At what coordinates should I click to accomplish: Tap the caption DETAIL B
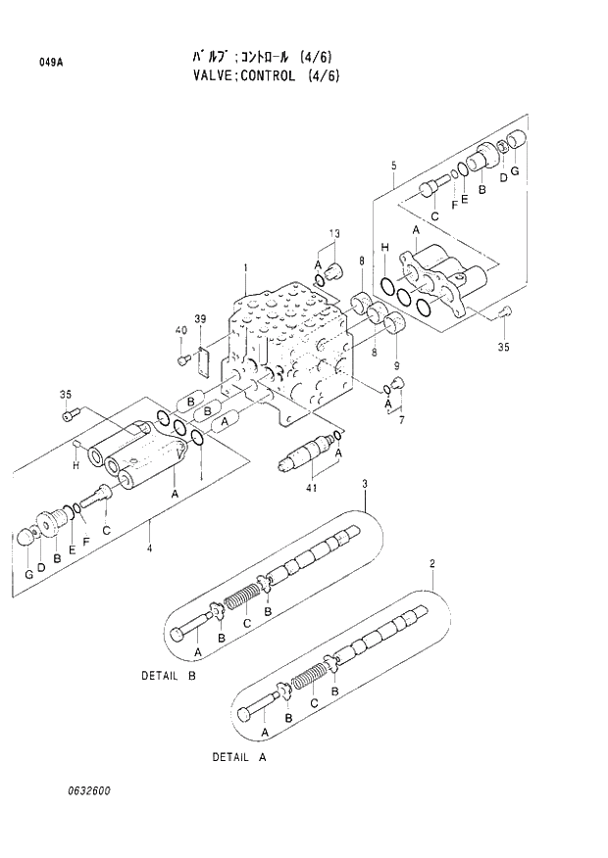click(x=168, y=676)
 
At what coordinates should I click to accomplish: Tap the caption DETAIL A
click(x=239, y=757)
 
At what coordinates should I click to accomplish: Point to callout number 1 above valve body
click(x=245, y=267)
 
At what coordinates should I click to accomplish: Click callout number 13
click(x=334, y=233)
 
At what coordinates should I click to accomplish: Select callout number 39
click(x=200, y=320)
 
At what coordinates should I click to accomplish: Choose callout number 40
click(x=180, y=330)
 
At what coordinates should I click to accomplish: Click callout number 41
click(x=313, y=489)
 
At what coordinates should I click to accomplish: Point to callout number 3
click(x=365, y=485)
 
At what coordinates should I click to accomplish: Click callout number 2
click(x=431, y=563)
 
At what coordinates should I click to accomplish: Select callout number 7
click(x=399, y=420)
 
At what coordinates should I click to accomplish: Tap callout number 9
click(x=395, y=339)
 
